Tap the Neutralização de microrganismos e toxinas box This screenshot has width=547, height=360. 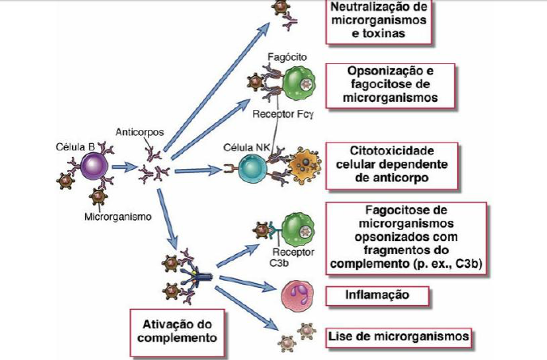click(378, 20)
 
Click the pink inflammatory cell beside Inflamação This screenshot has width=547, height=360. click(295, 296)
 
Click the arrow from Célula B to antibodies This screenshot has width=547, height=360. click(123, 168)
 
